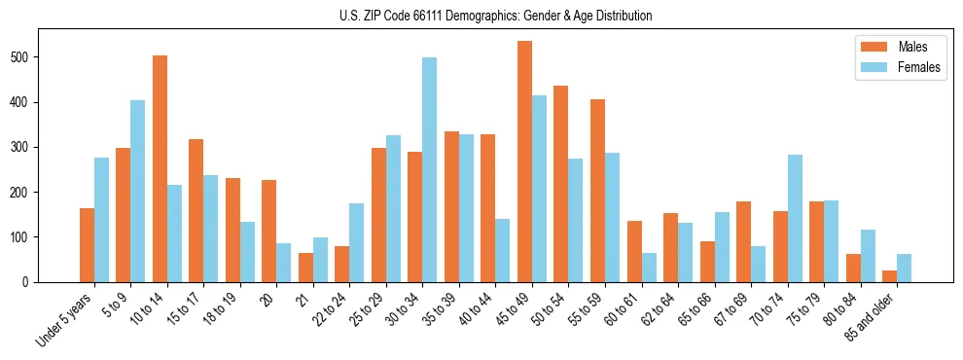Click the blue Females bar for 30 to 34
tap(429, 170)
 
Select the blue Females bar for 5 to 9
tap(137, 192)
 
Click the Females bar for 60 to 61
tap(649, 268)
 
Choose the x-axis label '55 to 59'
tap(579, 311)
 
